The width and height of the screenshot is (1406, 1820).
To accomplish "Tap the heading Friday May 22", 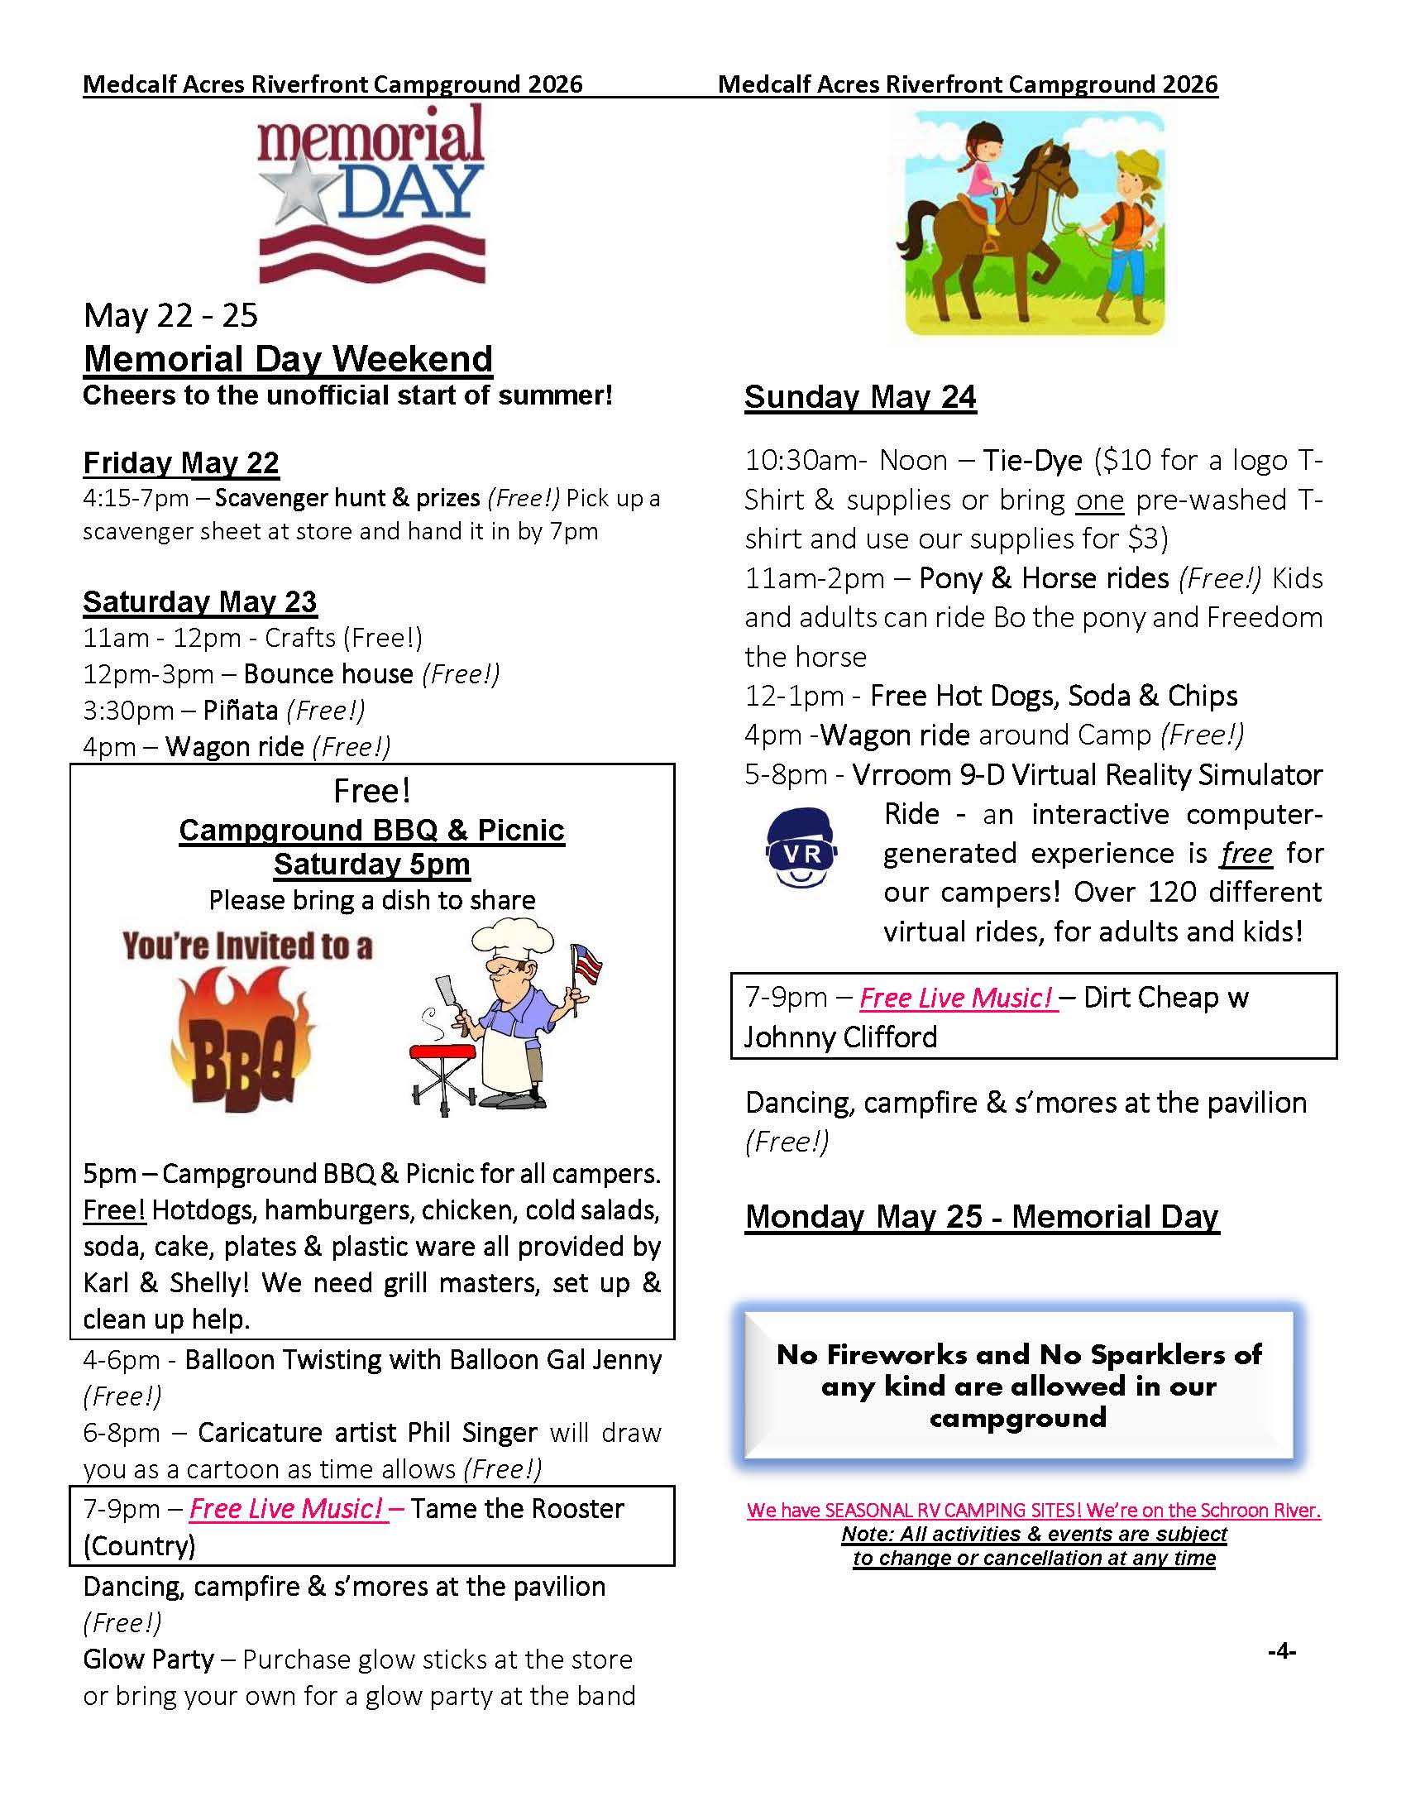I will click(x=181, y=463).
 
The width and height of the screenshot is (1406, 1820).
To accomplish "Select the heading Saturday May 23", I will click(x=200, y=601).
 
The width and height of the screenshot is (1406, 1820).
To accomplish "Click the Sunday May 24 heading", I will click(x=859, y=397).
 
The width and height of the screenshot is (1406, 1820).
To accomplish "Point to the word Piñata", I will click(x=241, y=711).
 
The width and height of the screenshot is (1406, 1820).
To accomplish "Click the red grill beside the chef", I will click(x=442, y=1053).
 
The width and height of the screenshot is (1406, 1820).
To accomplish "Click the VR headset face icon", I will click(x=801, y=847).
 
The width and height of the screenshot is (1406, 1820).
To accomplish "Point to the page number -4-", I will click(x=1281, y=1651).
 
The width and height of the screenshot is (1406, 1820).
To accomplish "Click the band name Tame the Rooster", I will click(x=516, y=1509).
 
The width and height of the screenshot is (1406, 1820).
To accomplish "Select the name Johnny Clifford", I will click(x=840, y=1037).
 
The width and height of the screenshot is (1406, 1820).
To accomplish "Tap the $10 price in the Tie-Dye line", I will click(x=1124, y=461).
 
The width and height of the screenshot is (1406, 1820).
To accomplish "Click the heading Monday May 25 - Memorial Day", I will click(x=982, y=1217).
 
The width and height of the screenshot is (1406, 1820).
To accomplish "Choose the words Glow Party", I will click(x=148, y=1660).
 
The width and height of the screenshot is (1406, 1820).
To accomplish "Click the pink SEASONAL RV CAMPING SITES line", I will click(x=1034, y=1510).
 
